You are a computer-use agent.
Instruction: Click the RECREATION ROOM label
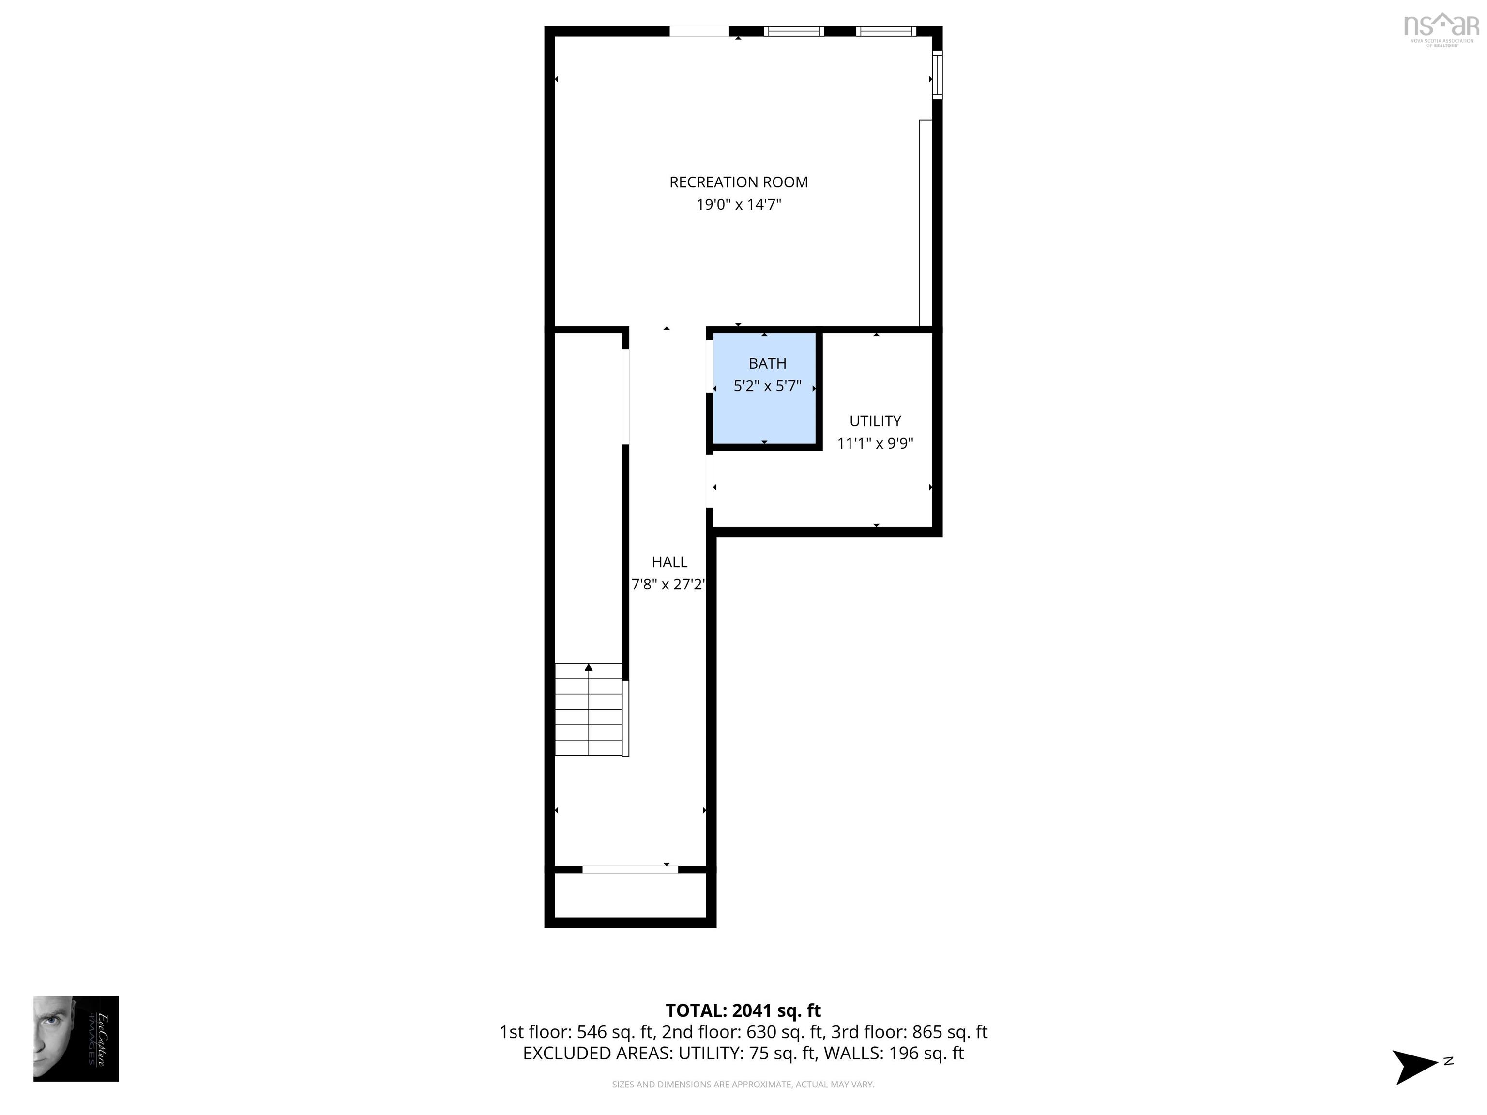pyautogui.click(x=738, y=182)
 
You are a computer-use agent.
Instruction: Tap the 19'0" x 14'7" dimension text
pyautogui.click(x=738, y=204)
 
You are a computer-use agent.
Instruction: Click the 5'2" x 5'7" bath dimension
pyautogui.click(x=767, y=386)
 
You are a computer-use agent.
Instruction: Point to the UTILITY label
pyautogui.click(x=875, y=422)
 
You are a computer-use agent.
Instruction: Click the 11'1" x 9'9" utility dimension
pyautogui.click(x=875, y=444)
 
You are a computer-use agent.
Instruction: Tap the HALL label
pyautogui.click(x=669, y=562)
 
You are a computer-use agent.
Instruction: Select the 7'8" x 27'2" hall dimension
pyautogui.click(x=668, y=585)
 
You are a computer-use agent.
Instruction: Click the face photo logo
pyautogui.click(x=76, y=1039)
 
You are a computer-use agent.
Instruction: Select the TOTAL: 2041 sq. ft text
pyautogui.click(x=743, y=1010)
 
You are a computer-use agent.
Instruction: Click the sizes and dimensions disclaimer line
pyautogui.click(x=743, y=1084)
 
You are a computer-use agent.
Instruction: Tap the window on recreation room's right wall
pyautogui.click(x=937, y=75)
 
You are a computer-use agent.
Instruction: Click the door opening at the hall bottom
pyautogui.click(x=630, y=870)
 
